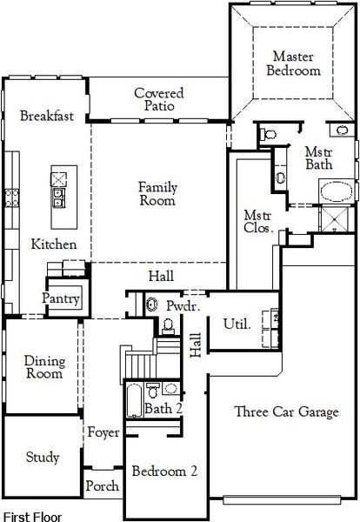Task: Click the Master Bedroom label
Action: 292,63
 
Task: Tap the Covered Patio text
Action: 157,99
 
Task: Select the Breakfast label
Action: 46,116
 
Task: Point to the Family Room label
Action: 157,193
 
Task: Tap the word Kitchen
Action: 53,244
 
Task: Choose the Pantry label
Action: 62,299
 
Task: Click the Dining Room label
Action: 43,367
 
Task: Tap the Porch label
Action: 103,486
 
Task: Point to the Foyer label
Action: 103,432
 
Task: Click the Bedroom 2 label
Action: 164,472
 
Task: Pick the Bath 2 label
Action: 163,408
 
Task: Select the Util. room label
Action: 237,324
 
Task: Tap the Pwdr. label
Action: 183,307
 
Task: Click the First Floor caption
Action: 33,515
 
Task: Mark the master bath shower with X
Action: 337,220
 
